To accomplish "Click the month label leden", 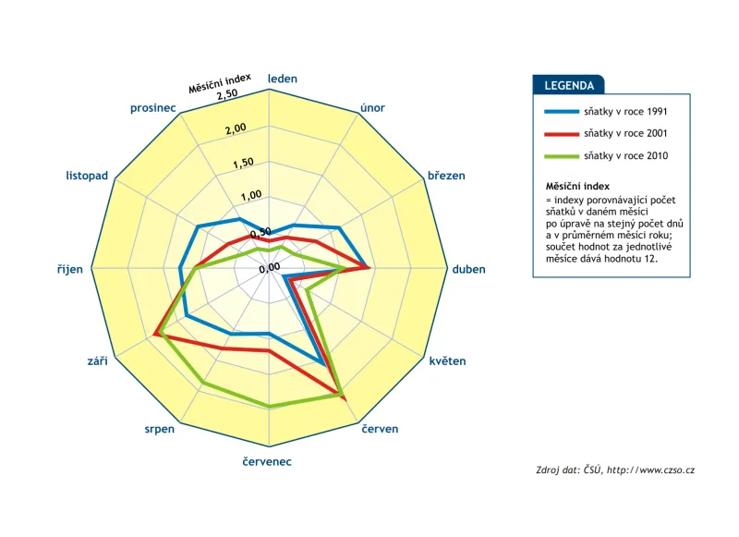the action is point(283,79).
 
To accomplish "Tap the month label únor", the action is point(372,108).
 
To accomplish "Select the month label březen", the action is point(446,176).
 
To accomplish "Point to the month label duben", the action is point(468,269).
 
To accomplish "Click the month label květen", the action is point(447,361).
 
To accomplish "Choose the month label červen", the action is point(380,429).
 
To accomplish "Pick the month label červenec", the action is point(267,461).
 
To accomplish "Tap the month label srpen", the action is point(159,430).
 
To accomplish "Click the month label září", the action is point(98,361).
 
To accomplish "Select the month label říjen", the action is point(70,269).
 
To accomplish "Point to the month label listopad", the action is point(87,176).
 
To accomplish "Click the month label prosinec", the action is point(152,108).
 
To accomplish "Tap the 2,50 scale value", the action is point(227,94).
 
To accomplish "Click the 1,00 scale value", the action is point(250,195).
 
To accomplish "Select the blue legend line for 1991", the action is point(562,112).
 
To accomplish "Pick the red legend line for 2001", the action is point(562,134).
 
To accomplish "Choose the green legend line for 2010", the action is point(562,156).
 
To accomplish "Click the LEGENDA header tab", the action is point(568,85).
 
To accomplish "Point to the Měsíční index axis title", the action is point(220,83).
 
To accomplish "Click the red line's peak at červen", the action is point(345,399).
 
